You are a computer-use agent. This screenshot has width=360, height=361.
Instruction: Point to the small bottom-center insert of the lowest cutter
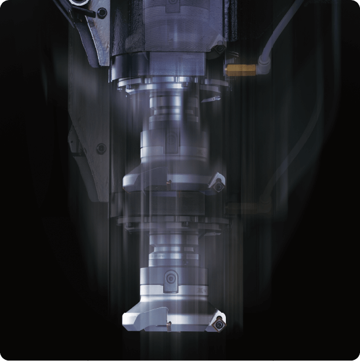pos(169,324)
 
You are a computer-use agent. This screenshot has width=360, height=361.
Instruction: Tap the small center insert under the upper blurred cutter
pos(168,185)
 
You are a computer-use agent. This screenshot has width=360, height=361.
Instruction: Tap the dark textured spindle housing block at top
pos(139,29)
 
